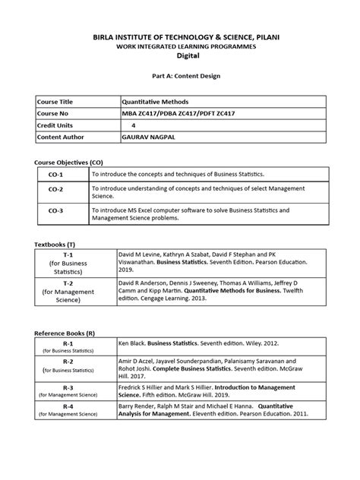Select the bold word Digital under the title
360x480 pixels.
[x=180, y=56]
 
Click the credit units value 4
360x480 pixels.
[x=134, y=125]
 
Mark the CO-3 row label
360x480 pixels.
[x=56, y=212]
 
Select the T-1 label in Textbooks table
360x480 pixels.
[x=67, y=256]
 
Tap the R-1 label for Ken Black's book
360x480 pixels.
[x=67, y=344]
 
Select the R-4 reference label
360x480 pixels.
[x=67, y=407]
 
